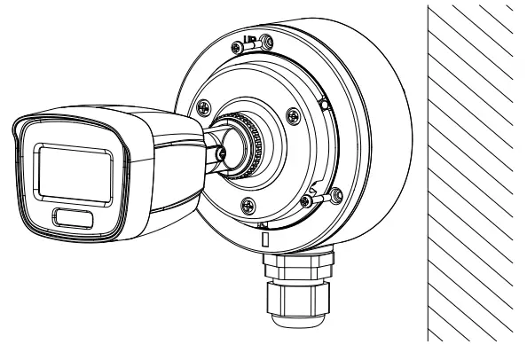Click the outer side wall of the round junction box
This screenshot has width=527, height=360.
[381, 133]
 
